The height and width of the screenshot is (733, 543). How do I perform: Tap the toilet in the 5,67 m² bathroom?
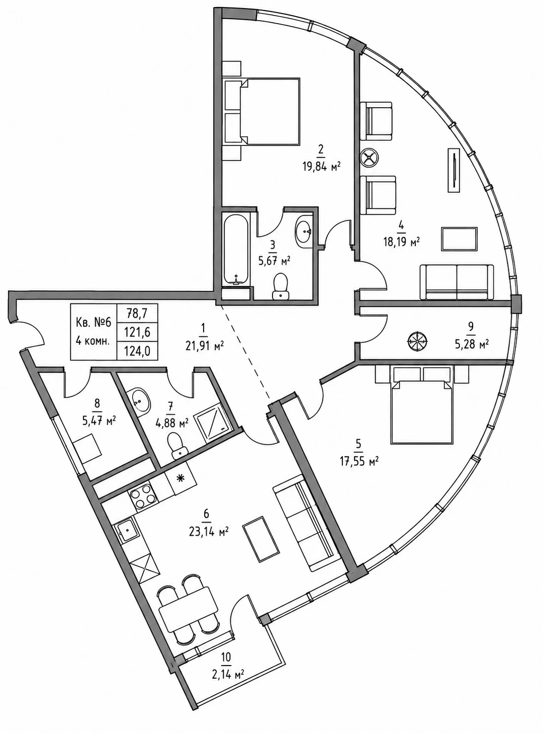point(281,286)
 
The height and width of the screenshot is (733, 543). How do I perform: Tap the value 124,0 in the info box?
point(137,351)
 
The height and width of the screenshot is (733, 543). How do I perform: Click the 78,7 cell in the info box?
point(137,312)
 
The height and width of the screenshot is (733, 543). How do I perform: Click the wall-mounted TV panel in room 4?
point(454,170)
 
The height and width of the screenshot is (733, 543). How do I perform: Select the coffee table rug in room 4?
point(459,239)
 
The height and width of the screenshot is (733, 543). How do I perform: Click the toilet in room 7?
point(177,447)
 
